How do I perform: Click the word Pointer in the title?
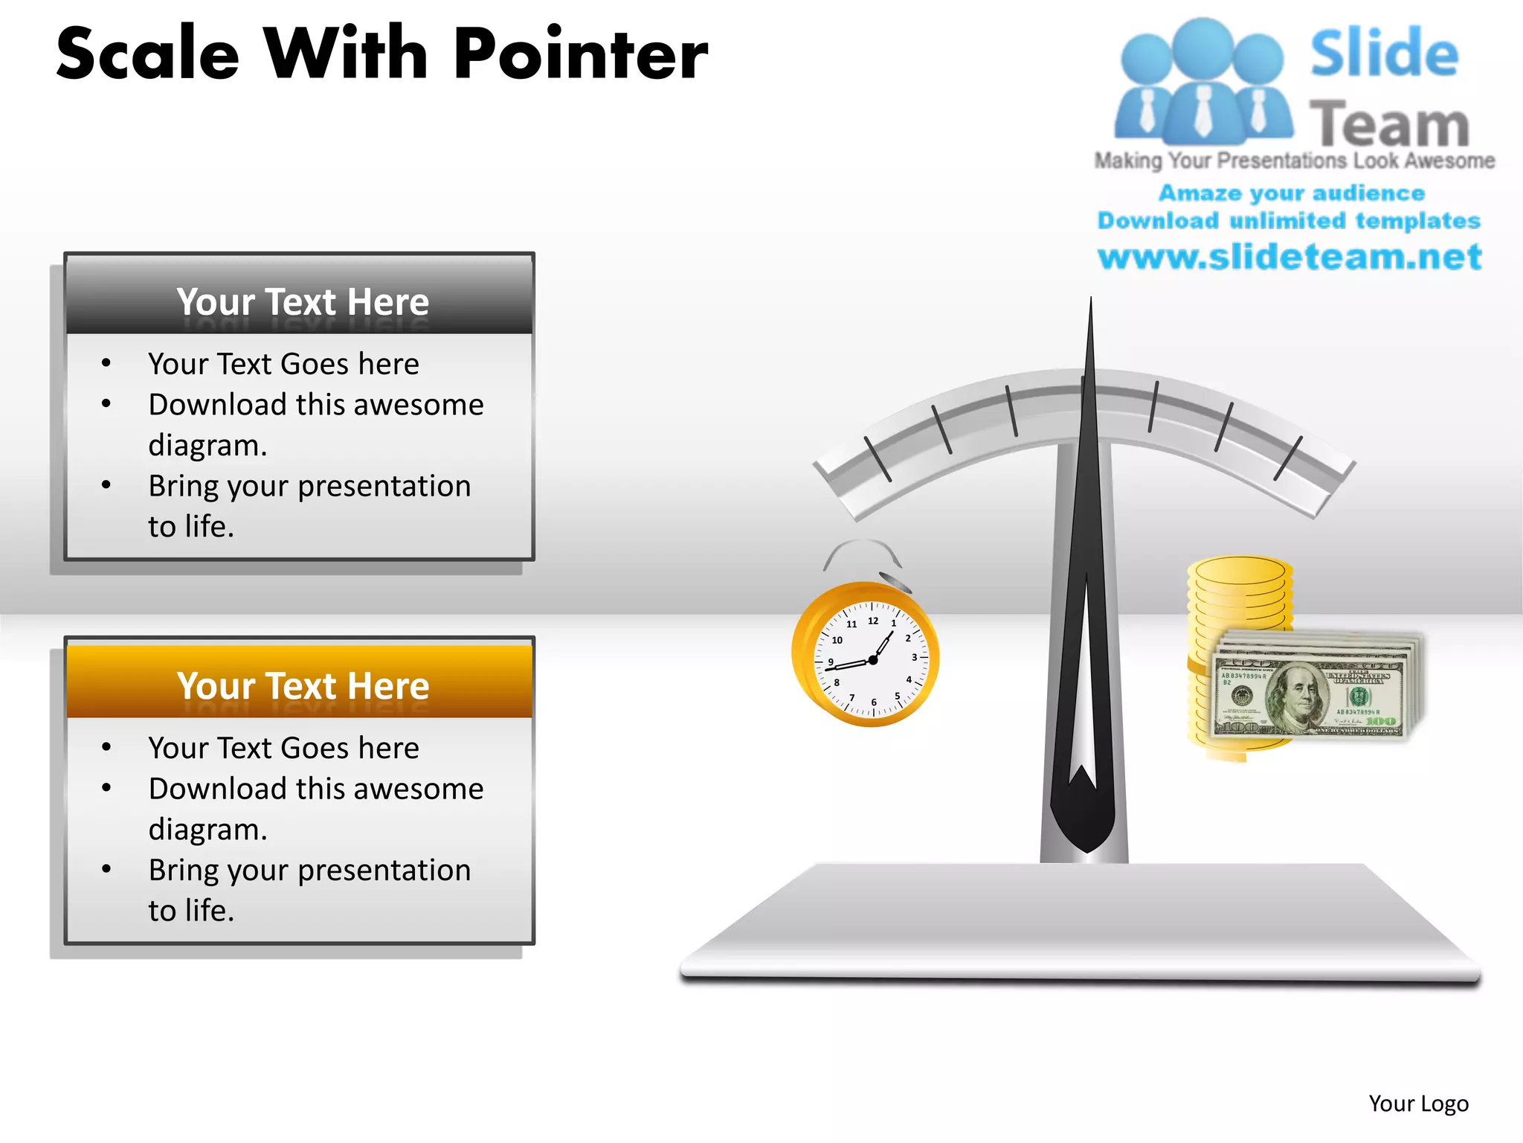click(580, 54)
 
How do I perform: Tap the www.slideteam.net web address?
click(1289, 257)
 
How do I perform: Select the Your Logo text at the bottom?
click(1418, 1104)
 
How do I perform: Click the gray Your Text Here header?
click(302, 301)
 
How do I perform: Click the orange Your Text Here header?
click(302, 685)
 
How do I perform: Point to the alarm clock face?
click(872, 659)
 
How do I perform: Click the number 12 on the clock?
click(873, 621)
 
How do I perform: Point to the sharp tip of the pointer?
click(1091, 301)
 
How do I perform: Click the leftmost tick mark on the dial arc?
click(878, 458)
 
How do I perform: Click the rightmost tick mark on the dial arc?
click(1288, 458)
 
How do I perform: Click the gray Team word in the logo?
click(1388, 124)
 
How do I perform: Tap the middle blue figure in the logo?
click(1202, 82)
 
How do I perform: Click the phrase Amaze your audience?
click(1291, 193)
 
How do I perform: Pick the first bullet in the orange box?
click(283, 748)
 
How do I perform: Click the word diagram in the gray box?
click(207, 446)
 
